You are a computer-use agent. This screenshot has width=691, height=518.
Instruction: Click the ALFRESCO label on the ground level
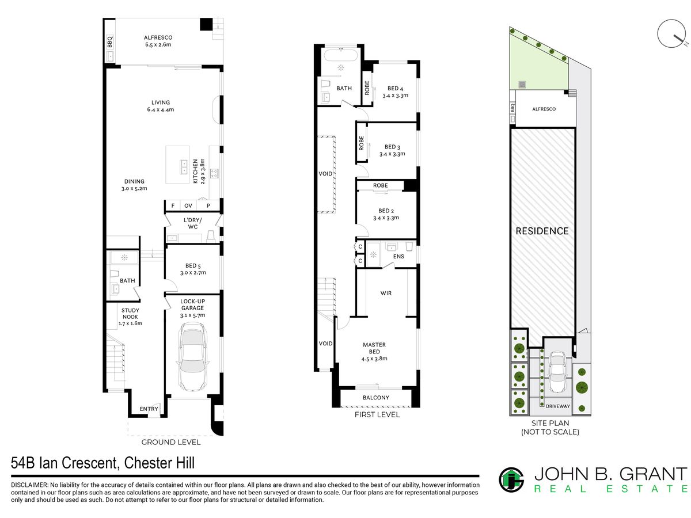158,37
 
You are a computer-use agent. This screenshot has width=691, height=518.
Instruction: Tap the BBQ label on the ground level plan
109,42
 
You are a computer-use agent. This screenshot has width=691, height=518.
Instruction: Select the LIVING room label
161,102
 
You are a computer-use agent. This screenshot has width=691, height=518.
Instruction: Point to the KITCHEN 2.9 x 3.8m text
199,171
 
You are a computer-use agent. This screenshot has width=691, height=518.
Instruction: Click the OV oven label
188,205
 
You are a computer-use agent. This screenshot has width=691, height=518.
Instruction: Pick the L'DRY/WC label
193,223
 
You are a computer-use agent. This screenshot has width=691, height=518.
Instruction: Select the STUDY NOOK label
130,314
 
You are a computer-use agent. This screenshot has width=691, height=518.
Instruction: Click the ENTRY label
149,409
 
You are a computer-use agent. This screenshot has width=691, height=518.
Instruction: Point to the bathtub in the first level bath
341,55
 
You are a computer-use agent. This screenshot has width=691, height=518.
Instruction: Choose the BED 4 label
395,89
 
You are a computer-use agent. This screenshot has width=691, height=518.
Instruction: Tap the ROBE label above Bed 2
380,185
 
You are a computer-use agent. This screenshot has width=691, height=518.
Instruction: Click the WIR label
386,293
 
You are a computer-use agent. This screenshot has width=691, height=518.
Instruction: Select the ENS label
398,257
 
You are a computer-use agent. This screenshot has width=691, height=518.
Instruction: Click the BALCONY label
376,398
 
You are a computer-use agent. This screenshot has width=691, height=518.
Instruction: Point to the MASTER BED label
374,348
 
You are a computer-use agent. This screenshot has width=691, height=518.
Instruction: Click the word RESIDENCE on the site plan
542,231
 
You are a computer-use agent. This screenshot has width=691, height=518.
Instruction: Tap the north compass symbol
671,33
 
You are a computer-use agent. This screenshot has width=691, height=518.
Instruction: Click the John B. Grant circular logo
511,479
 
